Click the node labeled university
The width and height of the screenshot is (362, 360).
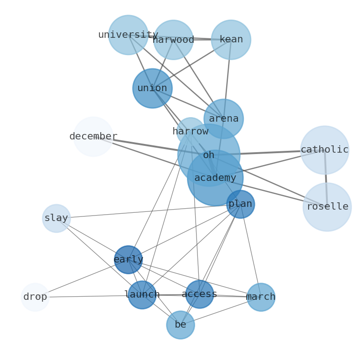[128, 35]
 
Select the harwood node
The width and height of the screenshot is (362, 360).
[173, 40]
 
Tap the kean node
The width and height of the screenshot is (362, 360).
[231, 40]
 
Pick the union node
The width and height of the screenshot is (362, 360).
[152, 88]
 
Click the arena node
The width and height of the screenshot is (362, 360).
[223, 119]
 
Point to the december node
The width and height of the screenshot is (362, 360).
[93, 137]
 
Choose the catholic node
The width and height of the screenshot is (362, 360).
[325, 150]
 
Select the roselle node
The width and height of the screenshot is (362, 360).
[327, 207]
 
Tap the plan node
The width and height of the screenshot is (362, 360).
[240, 204]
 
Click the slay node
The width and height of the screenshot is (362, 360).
[57, 218]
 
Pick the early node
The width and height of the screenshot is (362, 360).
[128, 260]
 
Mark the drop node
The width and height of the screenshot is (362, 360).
[35, 297]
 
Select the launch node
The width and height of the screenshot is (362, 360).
[142, 295]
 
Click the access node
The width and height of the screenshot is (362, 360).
[199, 294]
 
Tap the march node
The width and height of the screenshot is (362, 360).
[261, 297]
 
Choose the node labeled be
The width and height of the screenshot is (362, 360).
[181, 325]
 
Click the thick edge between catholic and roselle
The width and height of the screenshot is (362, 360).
[326, 178]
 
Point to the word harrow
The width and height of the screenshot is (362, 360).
[190, 132]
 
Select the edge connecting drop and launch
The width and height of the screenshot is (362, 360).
[87, 296]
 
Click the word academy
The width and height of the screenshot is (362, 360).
[215, 178]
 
